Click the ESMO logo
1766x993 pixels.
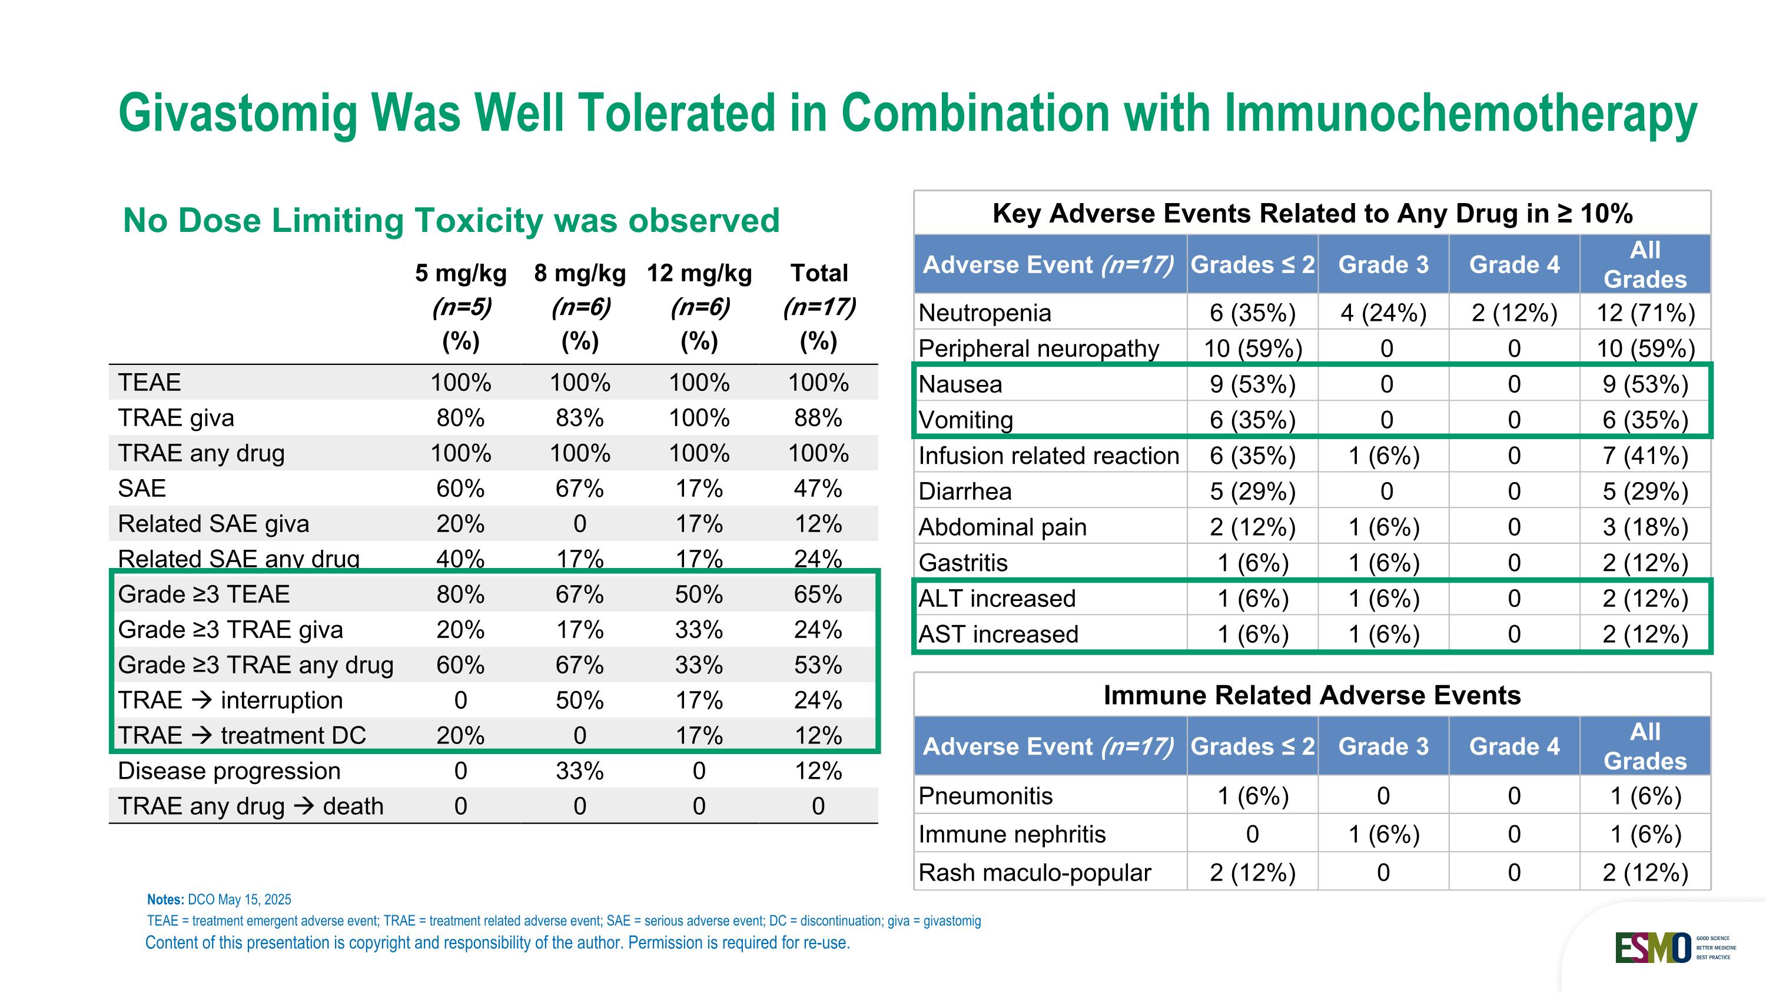(x=1652, y=948)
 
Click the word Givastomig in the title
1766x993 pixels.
(x=238, y=113)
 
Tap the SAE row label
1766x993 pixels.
(x=142, y=489)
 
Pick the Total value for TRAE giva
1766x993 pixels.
(x=818, y=418)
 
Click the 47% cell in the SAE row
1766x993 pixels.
(x=818, y=489)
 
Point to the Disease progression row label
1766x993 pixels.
(x=229, y=771)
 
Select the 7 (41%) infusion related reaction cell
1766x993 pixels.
(x=1645, y=456)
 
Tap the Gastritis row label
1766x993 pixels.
(x=962, y=563)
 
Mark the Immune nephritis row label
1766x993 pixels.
(x=1012, y=834)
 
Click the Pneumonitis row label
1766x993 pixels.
(x=985, y=796)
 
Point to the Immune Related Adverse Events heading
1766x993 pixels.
(x=1312, y=695)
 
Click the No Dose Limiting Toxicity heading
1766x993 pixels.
(x=451, y=221)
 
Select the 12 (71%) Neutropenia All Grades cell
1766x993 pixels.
(x=1645, y=313)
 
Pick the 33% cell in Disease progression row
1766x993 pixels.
(x=580, y=771)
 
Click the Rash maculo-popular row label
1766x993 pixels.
(x=1034, y=872)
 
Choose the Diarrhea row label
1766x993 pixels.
(x=965, y=491)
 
